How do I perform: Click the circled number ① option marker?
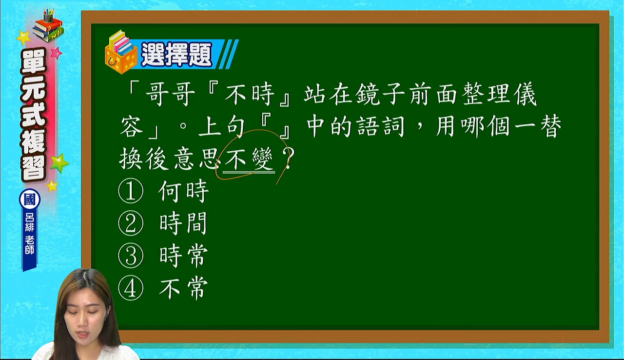coord(131,191)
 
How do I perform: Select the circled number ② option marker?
coord(131,223)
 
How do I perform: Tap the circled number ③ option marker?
coord(131,256)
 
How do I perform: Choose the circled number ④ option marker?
coord(131,288)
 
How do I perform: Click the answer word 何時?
coord(183,191)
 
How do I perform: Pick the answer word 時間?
coord(183,223)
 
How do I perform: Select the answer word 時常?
coord(183,256)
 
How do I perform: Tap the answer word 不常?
coord(183,288)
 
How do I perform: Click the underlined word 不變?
coord(249,159)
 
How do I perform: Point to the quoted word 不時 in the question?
coord(249,94)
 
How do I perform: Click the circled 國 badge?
coord(30,200)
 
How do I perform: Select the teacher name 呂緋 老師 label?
coord(30,234)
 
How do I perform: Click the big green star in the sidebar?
coord(59,163)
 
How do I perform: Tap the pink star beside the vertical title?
coord(56,53)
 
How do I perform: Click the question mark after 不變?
coord(288,158)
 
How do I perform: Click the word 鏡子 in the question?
coord(380,94)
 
